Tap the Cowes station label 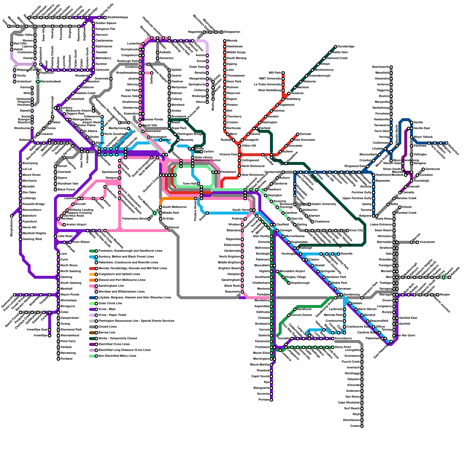click(355, 426)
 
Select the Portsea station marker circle click(271, 400)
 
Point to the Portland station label click(67, 359)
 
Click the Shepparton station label click(232, 32)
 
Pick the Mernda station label click(232, 41)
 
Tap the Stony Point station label click(343, 347)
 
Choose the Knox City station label click(356, 231)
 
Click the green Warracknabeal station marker click(38, 82)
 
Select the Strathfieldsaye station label click(118, 18)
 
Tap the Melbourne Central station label click(208, 161)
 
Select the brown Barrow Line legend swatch click(92, 333)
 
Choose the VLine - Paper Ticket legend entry click(112, 315)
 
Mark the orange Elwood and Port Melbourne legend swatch click(92, 280)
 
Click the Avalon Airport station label click(76, 225)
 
